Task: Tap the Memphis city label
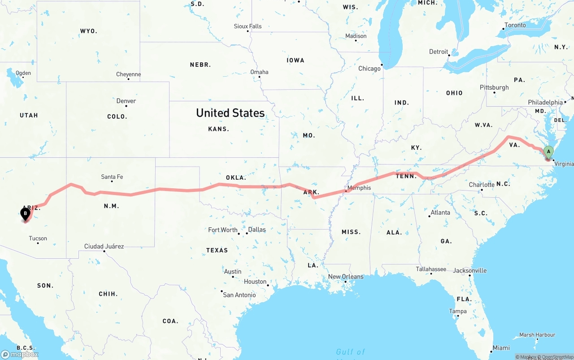tap(359, 188)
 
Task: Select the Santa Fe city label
tap(112, 177)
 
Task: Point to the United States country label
tap(230, 113)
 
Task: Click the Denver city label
tap(126, 101)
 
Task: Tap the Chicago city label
tap(369, 69)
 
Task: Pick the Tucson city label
tap(38, 239)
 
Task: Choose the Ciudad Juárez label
tap(104, 246)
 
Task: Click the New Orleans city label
tap(346, 277)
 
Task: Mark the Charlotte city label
tap(482, 185)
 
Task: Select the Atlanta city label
tap(440, 213)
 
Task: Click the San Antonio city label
tap(239, 295)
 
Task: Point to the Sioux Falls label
tap(248, 26)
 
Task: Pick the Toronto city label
tap(515, 25)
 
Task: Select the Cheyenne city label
tap(128, 74)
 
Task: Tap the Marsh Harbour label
tap(537, 335)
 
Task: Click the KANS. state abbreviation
tap(218, 129)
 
